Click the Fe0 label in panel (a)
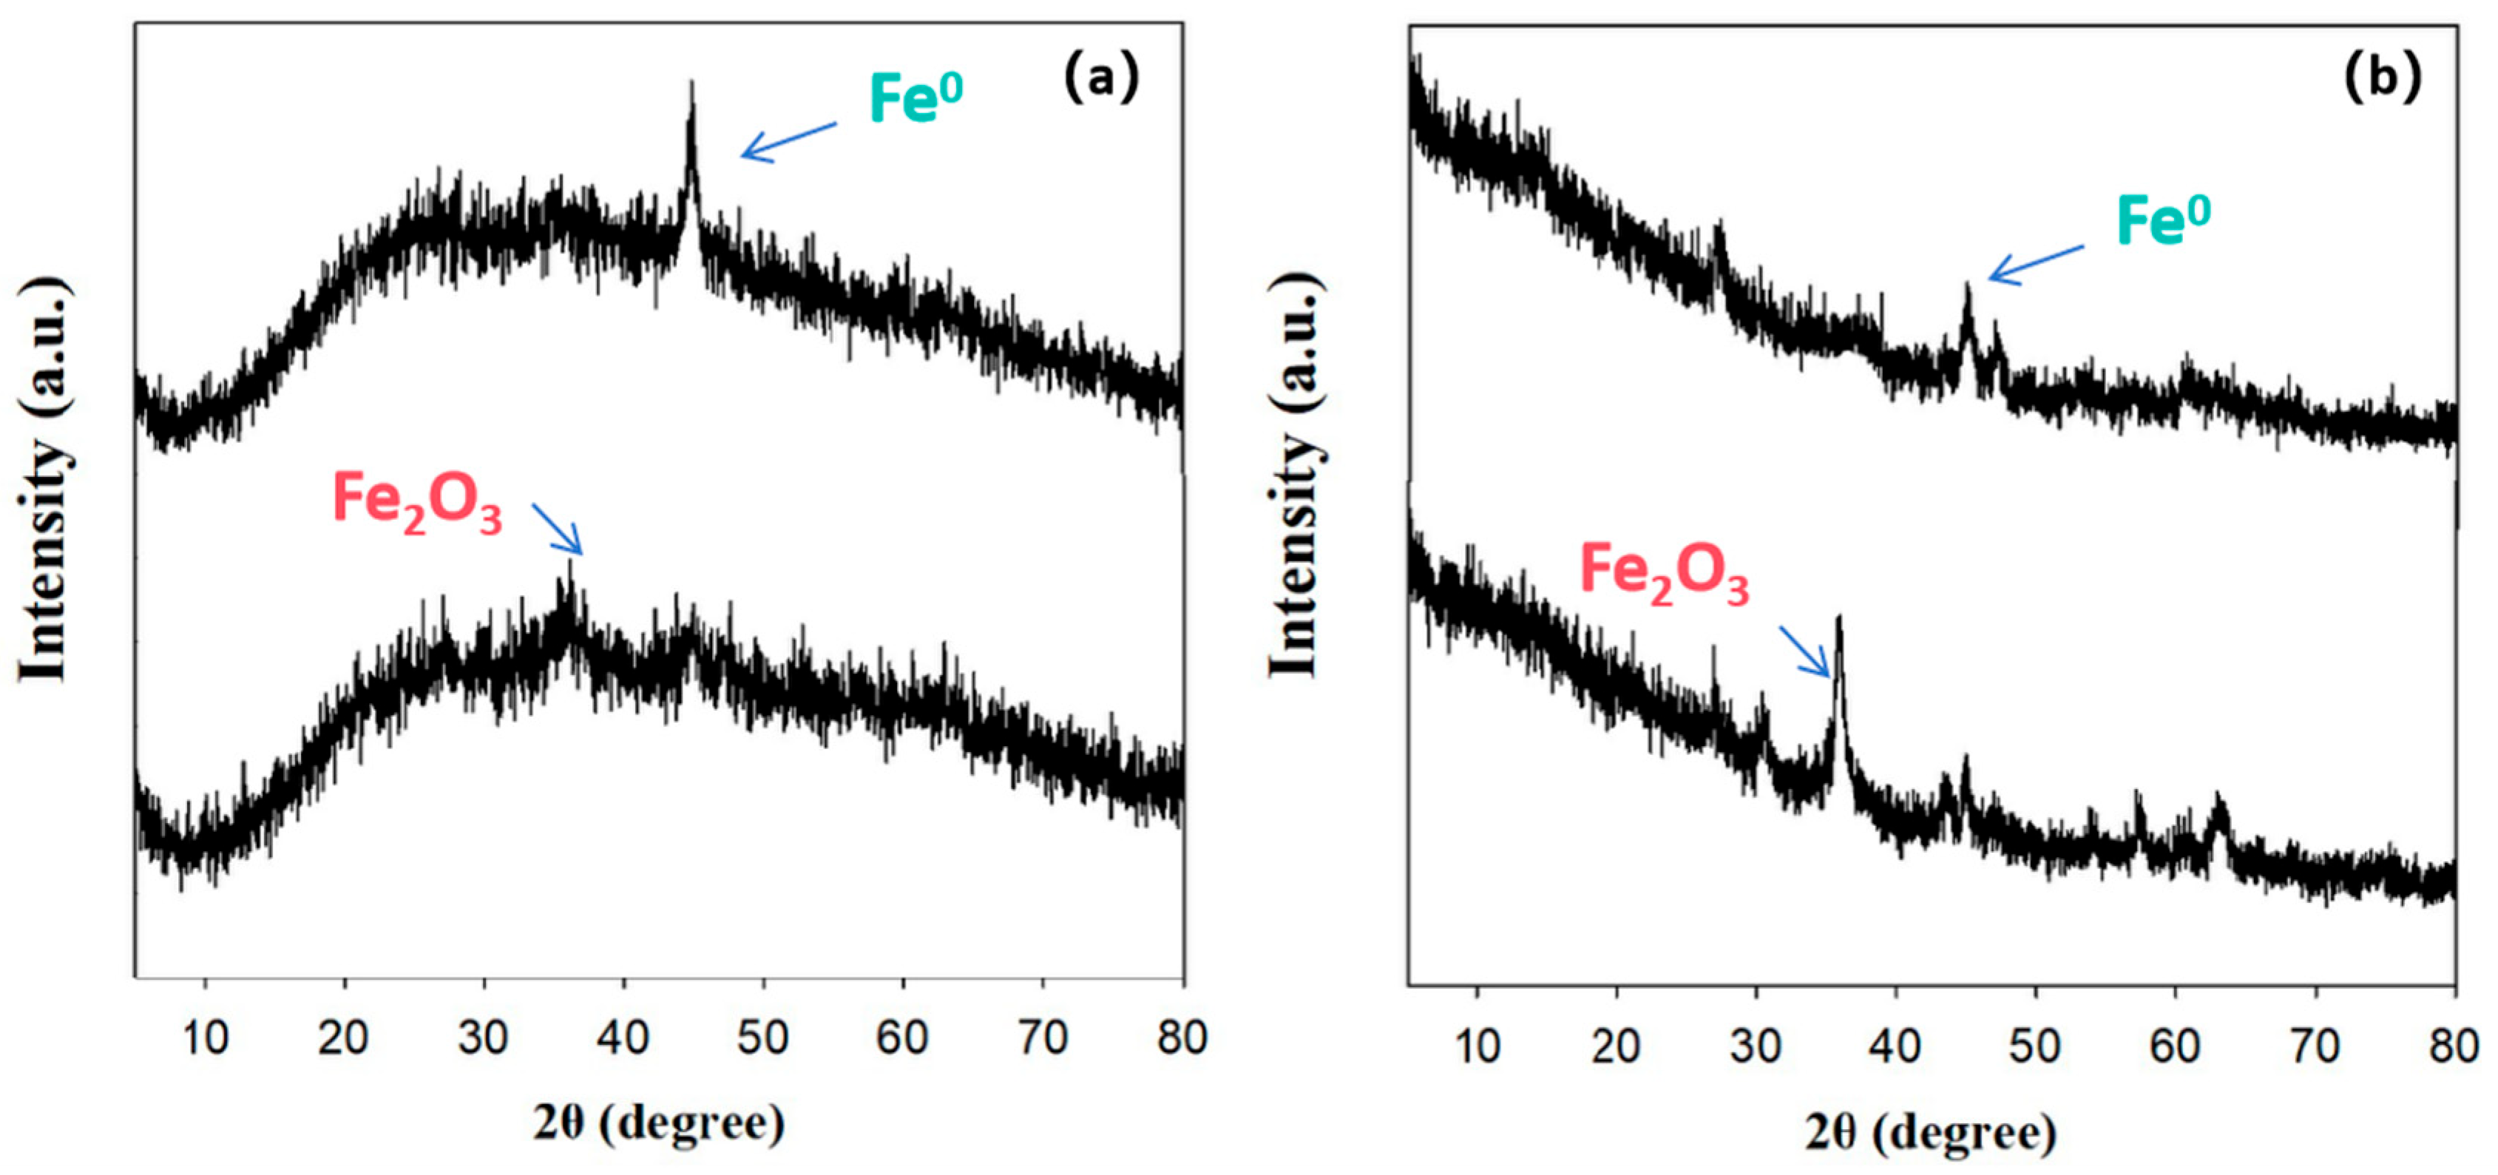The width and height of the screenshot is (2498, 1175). click(915, 97)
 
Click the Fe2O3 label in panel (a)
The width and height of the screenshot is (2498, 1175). click(417, 502)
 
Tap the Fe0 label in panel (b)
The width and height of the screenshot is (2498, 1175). click(2162, 220)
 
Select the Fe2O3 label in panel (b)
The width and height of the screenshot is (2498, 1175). click(1664, 574)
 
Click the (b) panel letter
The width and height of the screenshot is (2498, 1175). click(2382, 78)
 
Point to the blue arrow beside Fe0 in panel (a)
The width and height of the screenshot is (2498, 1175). click(788, 141)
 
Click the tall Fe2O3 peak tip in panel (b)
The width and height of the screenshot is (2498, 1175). click(1838, 617)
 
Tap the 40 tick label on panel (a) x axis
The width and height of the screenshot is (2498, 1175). click(623, 1038)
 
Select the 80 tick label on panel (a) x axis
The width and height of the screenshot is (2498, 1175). click(1181, 1038)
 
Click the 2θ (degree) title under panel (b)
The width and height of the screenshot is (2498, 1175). click(1931, 1131)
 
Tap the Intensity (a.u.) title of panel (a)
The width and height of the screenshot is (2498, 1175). click(44, 480)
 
